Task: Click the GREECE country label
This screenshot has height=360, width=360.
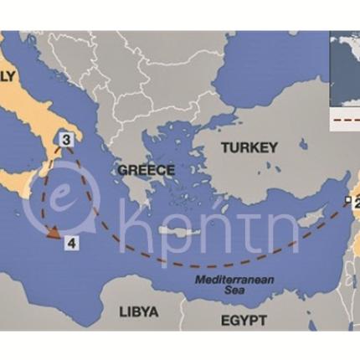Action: (x=146, y=170)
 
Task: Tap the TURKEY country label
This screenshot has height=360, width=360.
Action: (x=249, y=147)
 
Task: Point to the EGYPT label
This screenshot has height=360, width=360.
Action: (x=244, y=321)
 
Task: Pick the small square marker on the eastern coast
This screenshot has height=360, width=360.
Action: (x=347, y=199)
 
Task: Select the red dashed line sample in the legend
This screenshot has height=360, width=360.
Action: (x=346, y=120)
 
